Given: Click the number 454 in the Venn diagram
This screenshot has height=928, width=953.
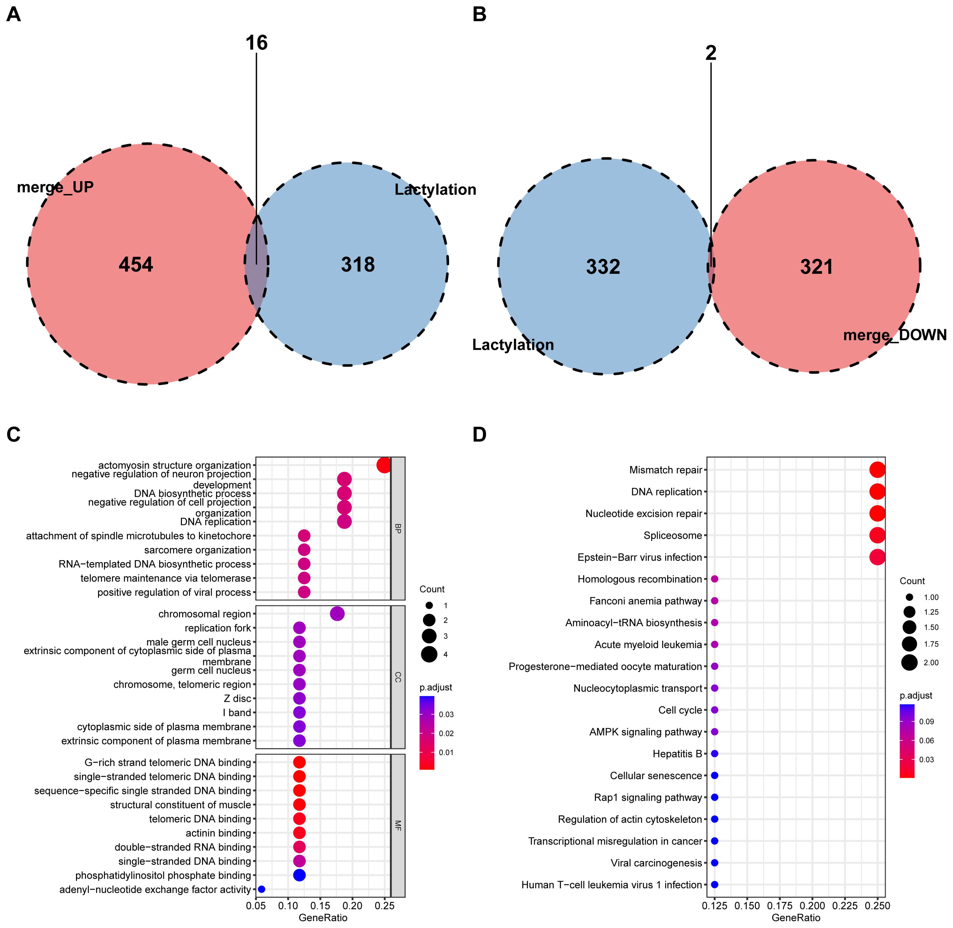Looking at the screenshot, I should pos(136,265).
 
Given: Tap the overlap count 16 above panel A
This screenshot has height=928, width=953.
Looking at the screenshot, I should pos(257,43).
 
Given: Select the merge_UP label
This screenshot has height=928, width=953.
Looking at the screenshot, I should pos(55,187).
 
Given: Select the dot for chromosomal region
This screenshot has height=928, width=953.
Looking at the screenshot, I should pos(337,614).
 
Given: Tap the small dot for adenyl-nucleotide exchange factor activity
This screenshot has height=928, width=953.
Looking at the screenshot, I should pos(262,889).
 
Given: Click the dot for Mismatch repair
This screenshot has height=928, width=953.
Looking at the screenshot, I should pos(877,470).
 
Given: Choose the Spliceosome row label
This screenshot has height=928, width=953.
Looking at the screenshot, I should pos(672,536).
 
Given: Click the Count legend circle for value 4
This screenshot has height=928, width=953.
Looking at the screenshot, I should pos(429,654).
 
